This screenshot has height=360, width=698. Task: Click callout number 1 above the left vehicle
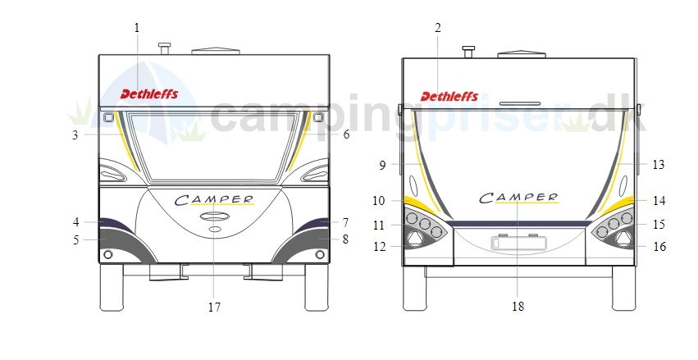[x=137, y=28]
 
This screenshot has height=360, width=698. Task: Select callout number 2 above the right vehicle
[x=438, y=28]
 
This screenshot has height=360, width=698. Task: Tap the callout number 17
[x=214, y=307]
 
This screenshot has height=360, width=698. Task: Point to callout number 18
[x=518, y=307]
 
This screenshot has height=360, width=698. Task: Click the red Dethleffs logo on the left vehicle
[x=149, y=93]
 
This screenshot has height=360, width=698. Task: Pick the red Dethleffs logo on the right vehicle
[x=449, y=96]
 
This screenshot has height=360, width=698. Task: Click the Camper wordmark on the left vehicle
[x=214, y=200]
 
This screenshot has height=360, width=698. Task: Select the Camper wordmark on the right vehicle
[x=519, y=198]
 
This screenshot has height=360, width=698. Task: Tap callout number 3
[x=75, y=134]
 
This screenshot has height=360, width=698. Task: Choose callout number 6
[x=346, y=134]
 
